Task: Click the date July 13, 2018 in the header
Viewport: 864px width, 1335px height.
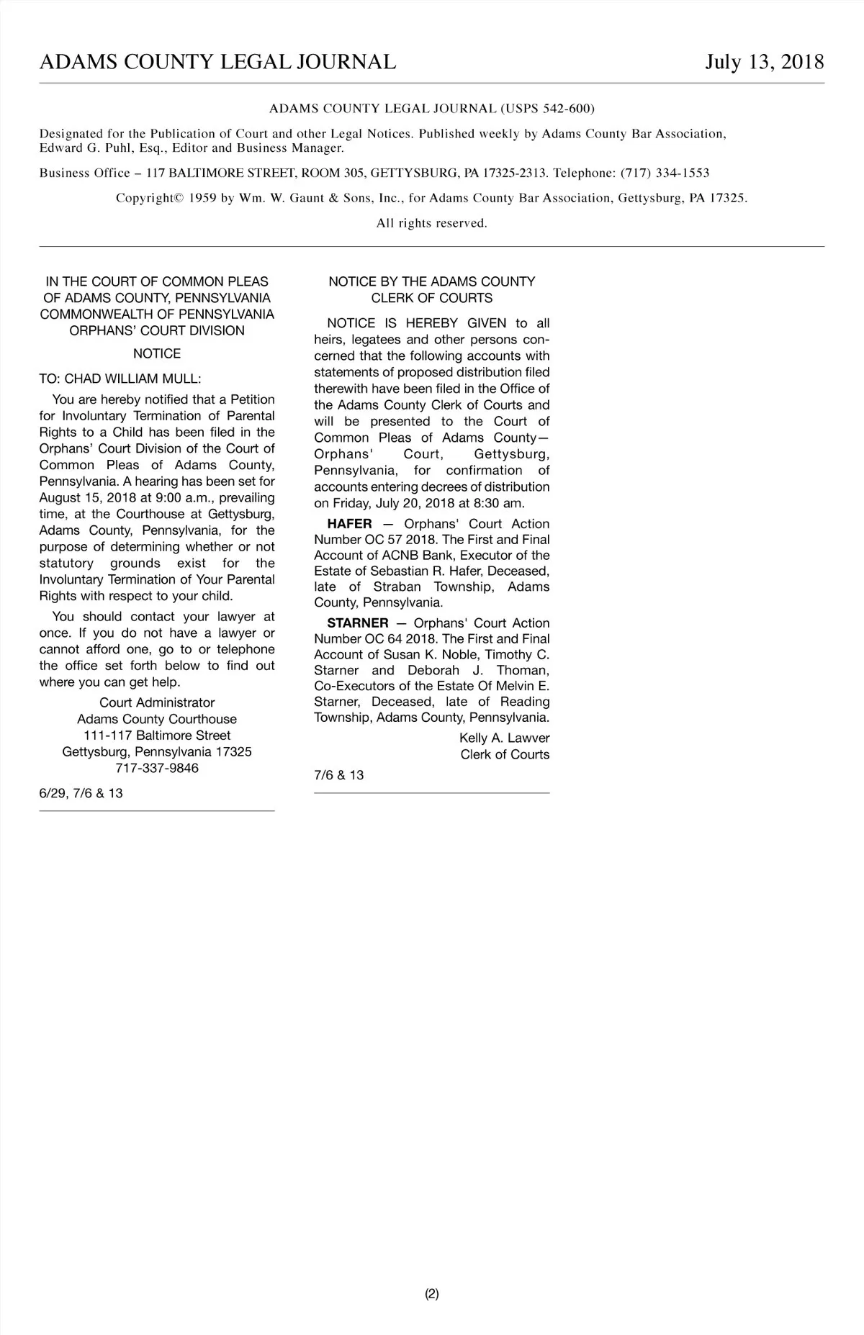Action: coord(764,62)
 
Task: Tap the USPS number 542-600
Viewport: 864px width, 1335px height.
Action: coord(564,109)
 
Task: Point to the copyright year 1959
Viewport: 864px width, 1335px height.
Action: coord(202,198)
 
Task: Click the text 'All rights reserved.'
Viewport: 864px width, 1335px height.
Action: coord(432,223)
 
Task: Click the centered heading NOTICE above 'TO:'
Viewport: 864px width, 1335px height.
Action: coord(157,353)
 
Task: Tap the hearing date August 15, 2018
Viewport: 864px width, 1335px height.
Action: coord(89,498)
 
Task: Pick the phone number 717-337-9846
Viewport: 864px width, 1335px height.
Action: coord(157,768)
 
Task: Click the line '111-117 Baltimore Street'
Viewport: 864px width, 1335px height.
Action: coord(157,736)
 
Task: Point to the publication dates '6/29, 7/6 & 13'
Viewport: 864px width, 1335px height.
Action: coord(81,793)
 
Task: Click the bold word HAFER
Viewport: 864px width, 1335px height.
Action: coord(349,524)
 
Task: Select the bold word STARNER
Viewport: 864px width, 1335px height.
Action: coord(357,623)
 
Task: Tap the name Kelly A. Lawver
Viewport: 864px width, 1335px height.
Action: coord(504,738)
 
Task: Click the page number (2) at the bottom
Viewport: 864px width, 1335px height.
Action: coord(432,1293)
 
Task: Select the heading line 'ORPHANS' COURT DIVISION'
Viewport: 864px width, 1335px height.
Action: coord(157,331)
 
